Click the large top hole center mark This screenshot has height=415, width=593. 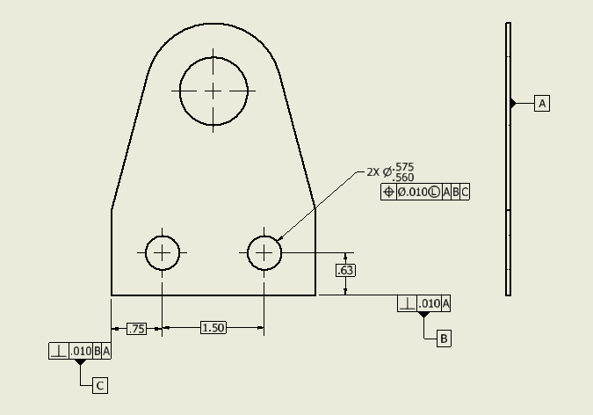point(213,91)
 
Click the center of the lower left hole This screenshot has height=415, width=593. point(162,253)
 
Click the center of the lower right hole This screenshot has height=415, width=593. point(264,253)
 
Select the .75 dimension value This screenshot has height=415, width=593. point(137,329)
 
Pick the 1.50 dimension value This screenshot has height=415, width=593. point(213,328)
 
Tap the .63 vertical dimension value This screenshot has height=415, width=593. point(345,270)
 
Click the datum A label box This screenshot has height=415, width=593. point(542,104)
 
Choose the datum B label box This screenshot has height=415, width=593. point(444,338)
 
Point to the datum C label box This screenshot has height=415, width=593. point(100,385)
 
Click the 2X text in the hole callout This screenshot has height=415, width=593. point(373,172)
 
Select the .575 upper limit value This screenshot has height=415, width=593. point(404,167)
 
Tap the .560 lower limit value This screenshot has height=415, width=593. point(404,178)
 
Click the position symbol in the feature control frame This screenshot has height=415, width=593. point(389,192)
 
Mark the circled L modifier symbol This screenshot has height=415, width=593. point(434,192)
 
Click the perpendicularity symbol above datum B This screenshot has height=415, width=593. point(408,303)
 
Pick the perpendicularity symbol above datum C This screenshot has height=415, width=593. point(58,351)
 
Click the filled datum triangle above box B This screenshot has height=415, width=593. point(424,314)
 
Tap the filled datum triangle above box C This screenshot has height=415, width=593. point(81,361)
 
